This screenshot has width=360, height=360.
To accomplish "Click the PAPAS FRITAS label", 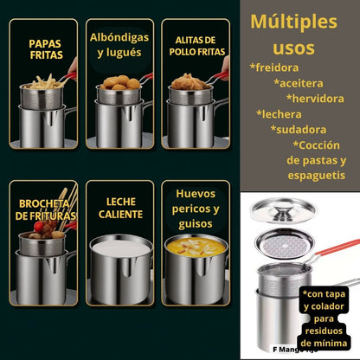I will click(x=44, y=48).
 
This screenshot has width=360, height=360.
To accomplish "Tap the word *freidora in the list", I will click(x=274, y=67).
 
